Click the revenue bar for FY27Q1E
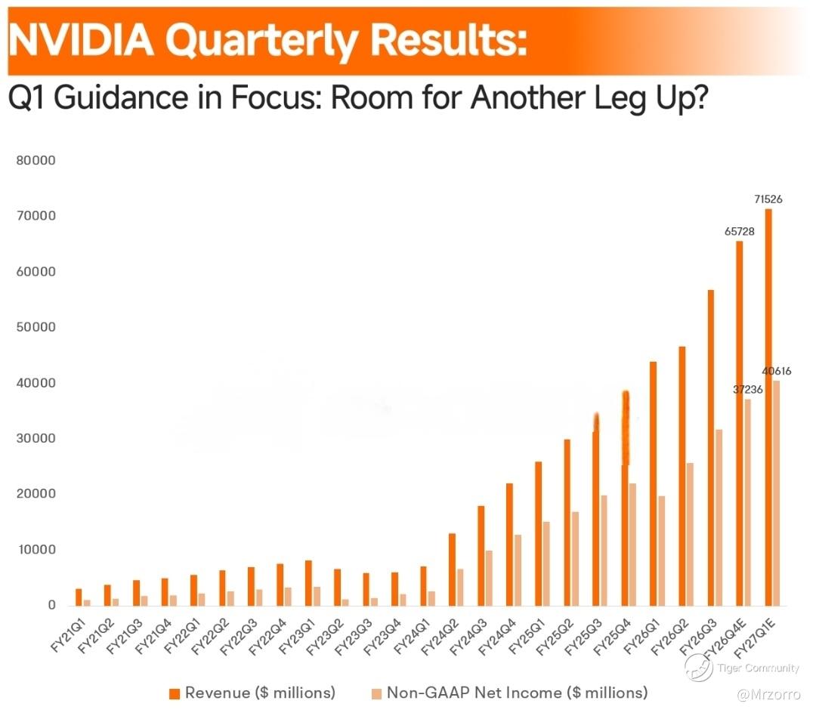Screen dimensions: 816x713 pos(768,407)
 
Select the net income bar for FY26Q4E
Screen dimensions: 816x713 pos(748,502)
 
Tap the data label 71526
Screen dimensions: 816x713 pos(768,199)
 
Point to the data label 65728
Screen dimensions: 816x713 pos(740,231)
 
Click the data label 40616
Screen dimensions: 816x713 pos(777,371)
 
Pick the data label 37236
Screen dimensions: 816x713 pos(748,390)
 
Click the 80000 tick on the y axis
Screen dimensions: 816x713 pos(36,160)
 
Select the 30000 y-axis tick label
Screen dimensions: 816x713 pos(36,438)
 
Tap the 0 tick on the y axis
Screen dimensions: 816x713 pos(51,605)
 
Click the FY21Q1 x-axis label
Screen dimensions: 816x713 pos(68,635)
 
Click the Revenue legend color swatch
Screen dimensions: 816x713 pos(175,694)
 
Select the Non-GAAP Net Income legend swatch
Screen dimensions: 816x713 pos(376,694)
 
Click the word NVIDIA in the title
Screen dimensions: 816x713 pos(81,41)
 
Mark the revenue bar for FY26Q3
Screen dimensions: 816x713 pos(711,448)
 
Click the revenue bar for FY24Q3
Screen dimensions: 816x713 pos(481,556)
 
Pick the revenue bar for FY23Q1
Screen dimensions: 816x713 pos(308,583)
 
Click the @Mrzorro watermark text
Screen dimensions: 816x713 pos(768,694)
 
